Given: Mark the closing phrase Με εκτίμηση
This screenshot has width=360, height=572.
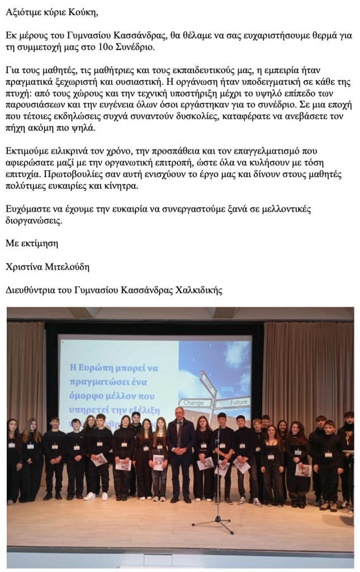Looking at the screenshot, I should [x=31, y=244].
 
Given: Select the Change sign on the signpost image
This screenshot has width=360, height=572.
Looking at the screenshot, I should [x=194, y=402].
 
